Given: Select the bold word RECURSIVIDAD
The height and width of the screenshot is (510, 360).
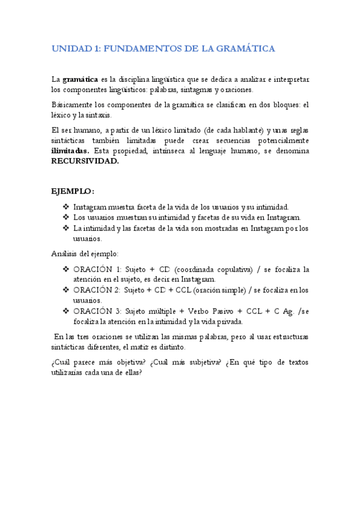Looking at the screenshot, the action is pyautogui.click(x=85, y=161).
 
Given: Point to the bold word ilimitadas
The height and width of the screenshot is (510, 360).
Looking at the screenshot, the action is pyautogui.click(x=70, y=151).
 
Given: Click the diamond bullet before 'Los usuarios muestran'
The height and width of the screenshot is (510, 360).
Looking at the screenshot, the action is pyautogui.click(x=66, y=217).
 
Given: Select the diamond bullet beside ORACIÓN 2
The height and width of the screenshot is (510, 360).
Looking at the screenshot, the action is pyautogui.click(x=66, y=290).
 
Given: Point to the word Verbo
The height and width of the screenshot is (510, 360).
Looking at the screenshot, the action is pyautogui.click(x=201, y=311).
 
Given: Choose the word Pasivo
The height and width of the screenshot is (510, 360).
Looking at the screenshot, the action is pyautogui.click(x=229, y=311).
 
